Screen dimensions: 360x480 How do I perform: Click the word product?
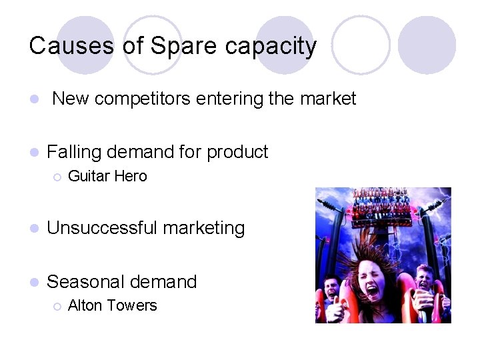(237, 153)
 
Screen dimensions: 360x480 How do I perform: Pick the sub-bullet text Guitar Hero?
(107, 177)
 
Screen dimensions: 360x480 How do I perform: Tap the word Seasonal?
(85, 281)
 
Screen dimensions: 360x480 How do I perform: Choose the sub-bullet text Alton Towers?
(113, 306)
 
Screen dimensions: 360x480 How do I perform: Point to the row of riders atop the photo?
(383, 202)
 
